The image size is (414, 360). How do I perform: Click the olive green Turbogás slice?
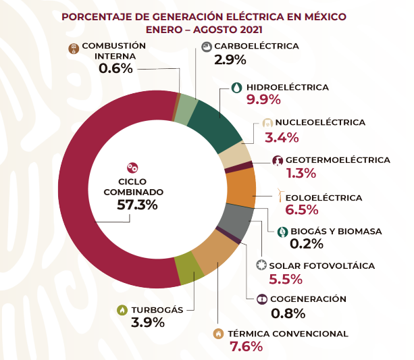188,268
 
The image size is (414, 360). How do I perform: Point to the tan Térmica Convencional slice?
215,254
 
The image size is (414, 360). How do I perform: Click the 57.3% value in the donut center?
137,204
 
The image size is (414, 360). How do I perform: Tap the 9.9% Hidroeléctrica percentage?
263,101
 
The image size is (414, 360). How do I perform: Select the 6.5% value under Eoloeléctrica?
301,210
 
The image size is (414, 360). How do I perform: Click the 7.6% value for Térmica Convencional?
247,347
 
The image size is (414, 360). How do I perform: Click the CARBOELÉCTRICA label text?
256,46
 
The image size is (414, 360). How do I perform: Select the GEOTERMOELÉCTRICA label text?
338,160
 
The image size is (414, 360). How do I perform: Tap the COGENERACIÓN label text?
308,299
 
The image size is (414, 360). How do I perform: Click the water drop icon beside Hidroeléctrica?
236,87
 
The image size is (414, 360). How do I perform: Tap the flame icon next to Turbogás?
122,310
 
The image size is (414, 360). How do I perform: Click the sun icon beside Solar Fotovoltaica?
261,265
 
